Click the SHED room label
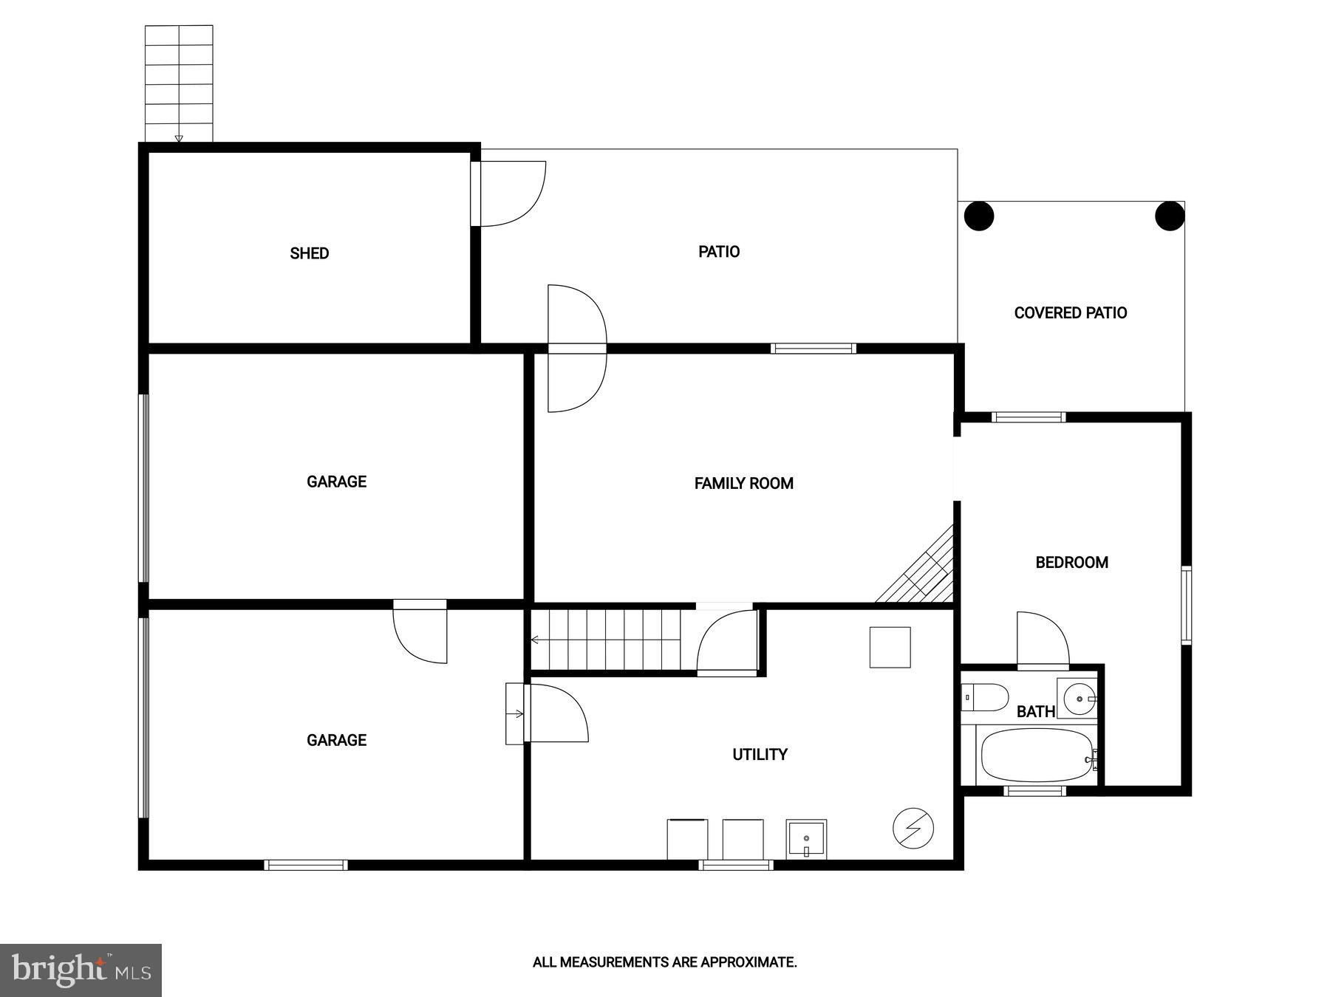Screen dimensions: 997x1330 point(309,253)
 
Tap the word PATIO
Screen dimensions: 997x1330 point(718,252)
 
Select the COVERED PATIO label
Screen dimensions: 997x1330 point(1070,313)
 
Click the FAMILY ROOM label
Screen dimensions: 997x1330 point(743,483)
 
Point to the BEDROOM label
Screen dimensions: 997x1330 point(1071,563)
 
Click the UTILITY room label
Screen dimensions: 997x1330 point(760,755)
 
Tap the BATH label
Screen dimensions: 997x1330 point(1035,712)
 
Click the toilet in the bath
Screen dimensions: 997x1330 point(986,697)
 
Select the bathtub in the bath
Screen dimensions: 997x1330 point(1036,756)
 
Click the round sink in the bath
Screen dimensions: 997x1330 point(1077,697)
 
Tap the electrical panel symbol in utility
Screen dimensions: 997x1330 point(913,828)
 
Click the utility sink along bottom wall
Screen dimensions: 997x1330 point(806,839)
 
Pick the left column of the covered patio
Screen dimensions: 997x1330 point(979,216)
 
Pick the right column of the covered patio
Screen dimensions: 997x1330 point(1170,216)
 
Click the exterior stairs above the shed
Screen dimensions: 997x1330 point(179,83)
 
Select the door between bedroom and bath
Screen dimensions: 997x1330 point(1043,641)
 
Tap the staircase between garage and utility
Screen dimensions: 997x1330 point(606,640)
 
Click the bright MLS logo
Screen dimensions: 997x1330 point(81,970)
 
